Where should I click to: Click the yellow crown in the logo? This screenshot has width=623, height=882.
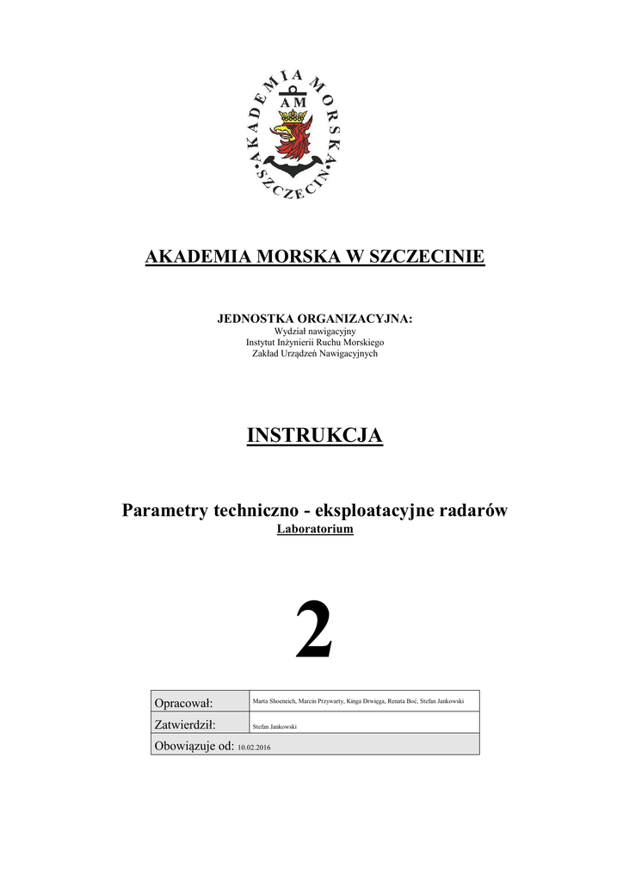(294, 116)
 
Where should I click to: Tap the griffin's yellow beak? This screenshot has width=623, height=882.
(280, 133)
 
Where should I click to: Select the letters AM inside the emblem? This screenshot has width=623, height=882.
(293, 102)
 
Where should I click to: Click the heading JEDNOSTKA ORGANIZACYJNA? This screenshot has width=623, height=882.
(314, 319)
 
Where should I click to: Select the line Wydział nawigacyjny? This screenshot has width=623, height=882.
(314, 331)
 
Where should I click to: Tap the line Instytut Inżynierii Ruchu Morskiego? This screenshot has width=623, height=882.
(314, 342)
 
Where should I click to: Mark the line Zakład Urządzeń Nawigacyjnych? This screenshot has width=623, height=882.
(314, 353)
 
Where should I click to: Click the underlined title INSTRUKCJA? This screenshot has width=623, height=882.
(314, 436)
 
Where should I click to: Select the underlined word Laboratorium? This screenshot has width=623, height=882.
(315, 530)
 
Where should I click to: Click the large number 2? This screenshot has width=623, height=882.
(313, 631)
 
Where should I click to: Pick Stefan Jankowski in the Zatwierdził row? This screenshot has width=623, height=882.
(274, 727)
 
